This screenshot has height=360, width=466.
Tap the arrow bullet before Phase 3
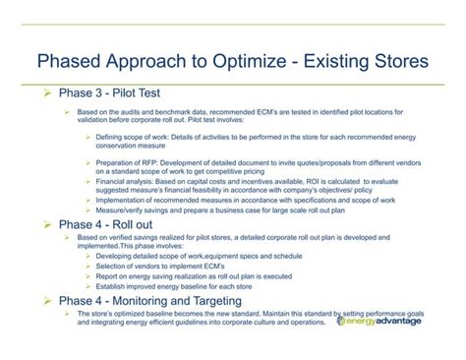click(42, 94)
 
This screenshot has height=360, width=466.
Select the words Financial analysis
click(125, 181)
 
